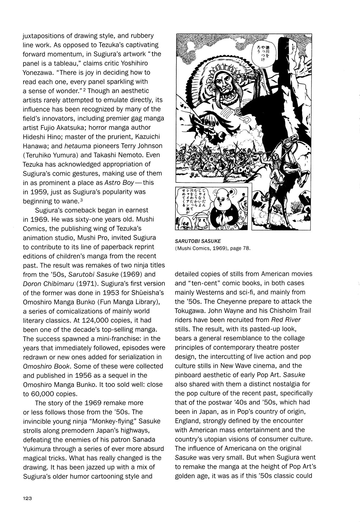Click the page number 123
(x=27, y=498)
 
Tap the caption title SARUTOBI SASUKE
(x=198, y=241)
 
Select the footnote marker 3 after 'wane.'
(x=81, y=200)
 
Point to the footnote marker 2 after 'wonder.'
(x=86, y=90)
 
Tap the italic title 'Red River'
(x=286, y=320)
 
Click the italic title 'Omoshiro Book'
(x=46, y=366)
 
